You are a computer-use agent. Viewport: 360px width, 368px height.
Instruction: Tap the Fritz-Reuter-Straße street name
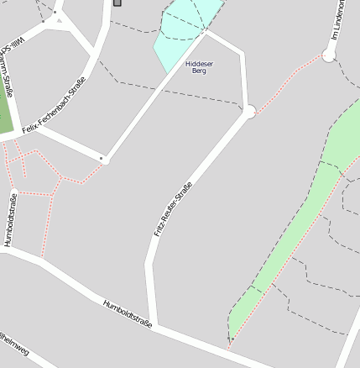point(173,208)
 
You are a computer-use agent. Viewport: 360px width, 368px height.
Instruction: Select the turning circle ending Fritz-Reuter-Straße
point(248,112)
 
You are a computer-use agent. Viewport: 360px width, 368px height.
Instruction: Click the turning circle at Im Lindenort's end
point(328,55)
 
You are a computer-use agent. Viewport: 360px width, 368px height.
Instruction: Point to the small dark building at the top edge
point(116,3)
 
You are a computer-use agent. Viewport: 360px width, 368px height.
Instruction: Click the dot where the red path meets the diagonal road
point(103,159)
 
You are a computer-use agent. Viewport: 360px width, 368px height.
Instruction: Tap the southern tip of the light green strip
point(230,342)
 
